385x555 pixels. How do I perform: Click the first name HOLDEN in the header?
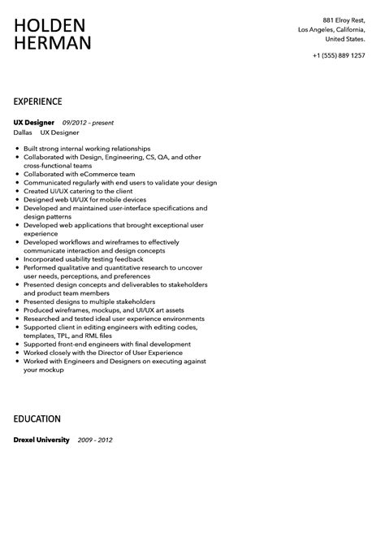point(52,25)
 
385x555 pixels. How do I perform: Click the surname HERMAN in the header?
point(52,44)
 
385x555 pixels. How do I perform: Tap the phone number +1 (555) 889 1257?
point(338,55)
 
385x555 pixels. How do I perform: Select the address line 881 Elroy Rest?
point(345,20)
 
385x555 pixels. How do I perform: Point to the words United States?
point(344,38)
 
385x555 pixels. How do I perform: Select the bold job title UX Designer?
point(35,123)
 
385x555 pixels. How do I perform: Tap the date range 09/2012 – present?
point(89,123)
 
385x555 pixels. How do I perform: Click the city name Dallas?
point(24,132)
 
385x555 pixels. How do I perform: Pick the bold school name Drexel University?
point(42,440)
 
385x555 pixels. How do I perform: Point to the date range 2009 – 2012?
point(95,440)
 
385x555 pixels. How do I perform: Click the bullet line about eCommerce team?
point(68,173)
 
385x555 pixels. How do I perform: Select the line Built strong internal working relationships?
point(87,148)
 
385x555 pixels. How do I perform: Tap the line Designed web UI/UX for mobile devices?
point(85,199)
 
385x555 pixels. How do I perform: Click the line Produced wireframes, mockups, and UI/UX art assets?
point(104,310)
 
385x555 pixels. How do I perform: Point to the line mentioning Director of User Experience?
point(105,352)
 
